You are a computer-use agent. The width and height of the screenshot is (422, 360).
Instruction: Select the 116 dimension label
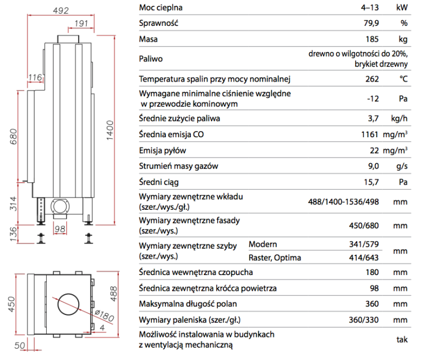(35, 76)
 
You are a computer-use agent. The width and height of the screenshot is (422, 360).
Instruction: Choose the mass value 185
(371, 39)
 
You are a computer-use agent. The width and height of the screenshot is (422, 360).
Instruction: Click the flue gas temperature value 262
(371, 79)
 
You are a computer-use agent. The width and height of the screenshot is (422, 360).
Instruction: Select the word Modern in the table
(262, 244)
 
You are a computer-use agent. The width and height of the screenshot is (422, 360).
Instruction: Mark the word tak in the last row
(401, 339)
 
